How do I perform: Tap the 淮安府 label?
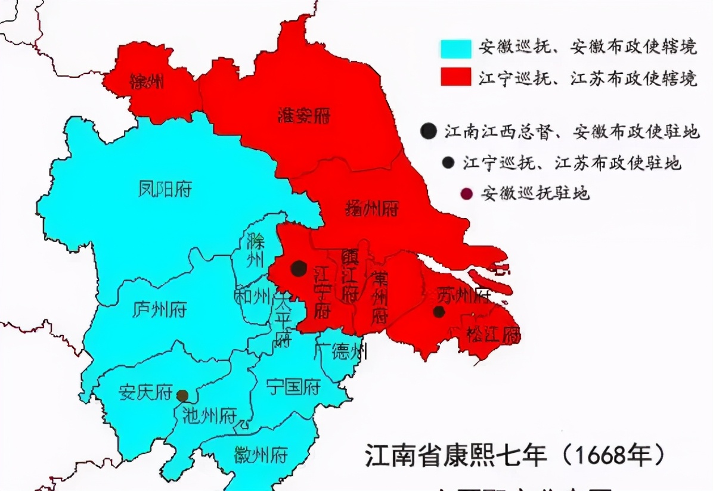(x=304, y=116)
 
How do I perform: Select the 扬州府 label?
(x=371, y=208)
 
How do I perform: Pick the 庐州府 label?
(x=159, y=310)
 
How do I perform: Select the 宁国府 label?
(x=293, y=387)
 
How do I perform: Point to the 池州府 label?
(x=209, y=415)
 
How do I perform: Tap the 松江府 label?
(x=492, y=334)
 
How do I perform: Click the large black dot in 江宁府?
(x=299, y=269)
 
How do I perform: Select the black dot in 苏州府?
(x=439, y=312)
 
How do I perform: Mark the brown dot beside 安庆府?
(x=182, y=395)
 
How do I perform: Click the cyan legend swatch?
(x=456, y=49)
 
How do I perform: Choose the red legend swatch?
(x=456, y=77)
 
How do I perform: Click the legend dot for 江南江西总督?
(x=427, y=132)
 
